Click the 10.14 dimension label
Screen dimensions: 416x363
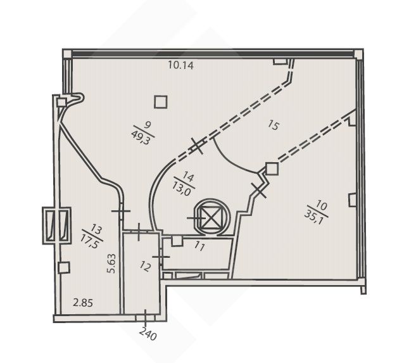pyautogui.click(x=180, y=65)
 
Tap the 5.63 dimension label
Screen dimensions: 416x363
pyautogui.click(x=111, y=264)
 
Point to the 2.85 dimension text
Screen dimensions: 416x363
pyautogui.click(x=83, y=303)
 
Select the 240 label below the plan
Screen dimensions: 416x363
pyautogui.click(x=148, y=334)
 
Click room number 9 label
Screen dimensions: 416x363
pyautogui.click(x=148, y=124)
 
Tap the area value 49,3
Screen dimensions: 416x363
pyautogui.click(x=141, y=137)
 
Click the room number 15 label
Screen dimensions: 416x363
pyautogui.click(x=274, y=125)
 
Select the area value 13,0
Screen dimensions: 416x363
pyautogui.click(x=182, y=188)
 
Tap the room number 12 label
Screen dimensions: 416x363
pyautogui.click(x=146, y=267)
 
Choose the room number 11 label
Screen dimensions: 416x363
pyautogui.click(x=199, y=246)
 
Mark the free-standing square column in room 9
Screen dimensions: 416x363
pyautogui.click(x=161, y=101)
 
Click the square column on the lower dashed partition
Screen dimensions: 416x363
pyautogui.click(x=272, y=169)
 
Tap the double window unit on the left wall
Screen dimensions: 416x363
pyautogui.click(x=57, y=226)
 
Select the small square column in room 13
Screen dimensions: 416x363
pyautogui.click(x=64, y=267)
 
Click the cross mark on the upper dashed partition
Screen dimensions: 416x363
pyautogui.click(x=197, y=146)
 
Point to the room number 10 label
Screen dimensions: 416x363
pyautogui.click(x=321, y=206)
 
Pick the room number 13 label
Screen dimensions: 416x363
pyautogui.click(x=96, y=229)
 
